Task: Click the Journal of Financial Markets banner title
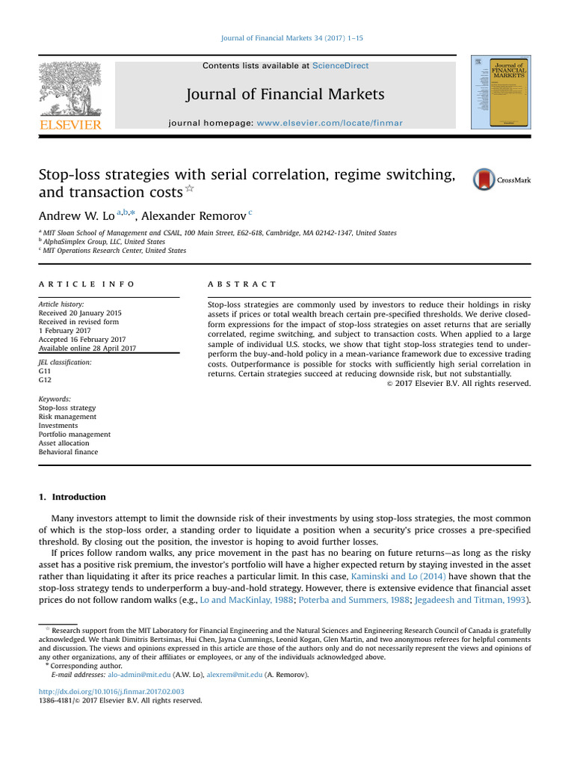286,94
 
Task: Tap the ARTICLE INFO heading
87,284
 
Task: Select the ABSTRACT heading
241,284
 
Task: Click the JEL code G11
46,370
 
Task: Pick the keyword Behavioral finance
68,452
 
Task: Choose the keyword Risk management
67,417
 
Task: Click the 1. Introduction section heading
72,497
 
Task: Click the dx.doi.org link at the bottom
111,692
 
